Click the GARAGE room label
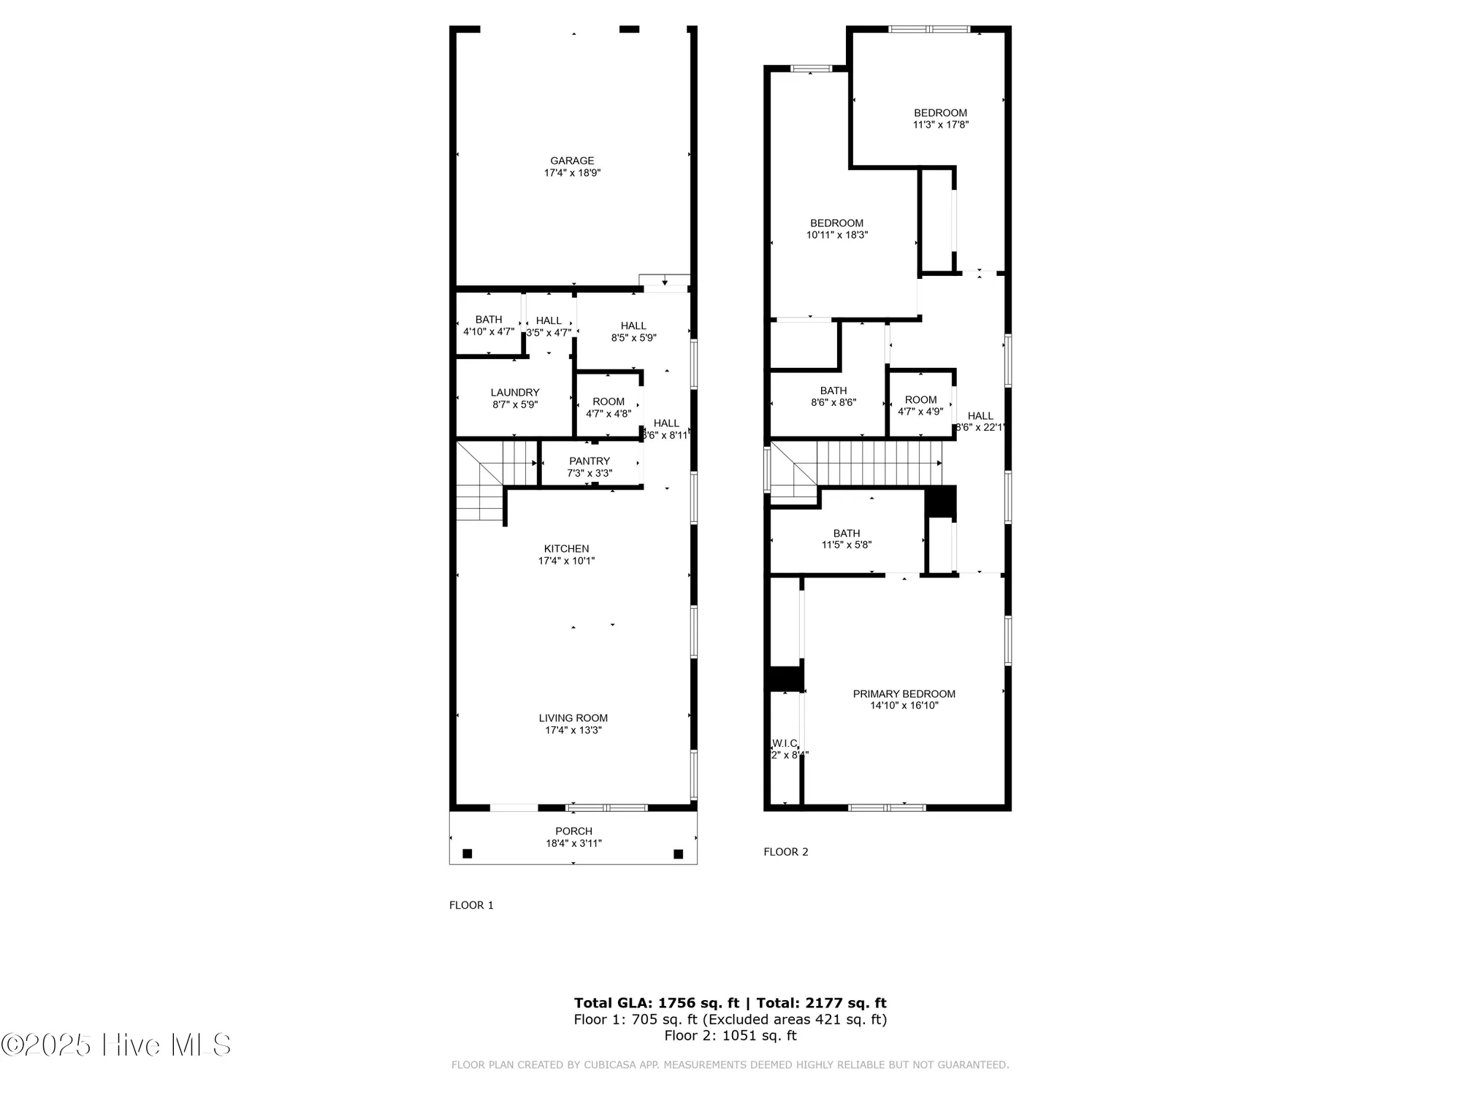[572, 161]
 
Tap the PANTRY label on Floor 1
[590, 461]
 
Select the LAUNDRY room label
[515, 393]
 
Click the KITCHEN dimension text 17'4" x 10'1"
[566, 561]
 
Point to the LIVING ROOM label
[573, 718]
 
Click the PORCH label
[573, 831]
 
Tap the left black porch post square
[468, 853]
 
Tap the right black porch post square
[678, 853]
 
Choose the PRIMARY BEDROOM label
[904, 694]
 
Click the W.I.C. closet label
[785, 743]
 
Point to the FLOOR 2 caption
[786, 852]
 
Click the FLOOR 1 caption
[471, 905]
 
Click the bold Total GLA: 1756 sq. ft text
[656, 1003]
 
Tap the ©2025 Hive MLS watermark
[117, 1045]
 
